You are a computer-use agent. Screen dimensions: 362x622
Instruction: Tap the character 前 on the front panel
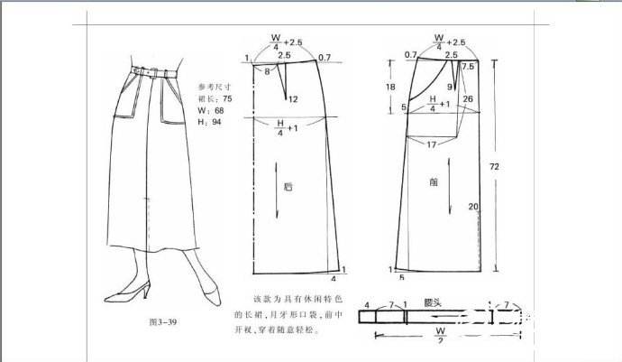[x=434, y=181]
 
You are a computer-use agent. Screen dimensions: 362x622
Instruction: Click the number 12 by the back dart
[x=293, y=98]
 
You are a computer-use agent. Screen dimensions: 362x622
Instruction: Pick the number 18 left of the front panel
[x=390, y=87]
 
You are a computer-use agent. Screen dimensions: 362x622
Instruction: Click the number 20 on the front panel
[x=472, y=208]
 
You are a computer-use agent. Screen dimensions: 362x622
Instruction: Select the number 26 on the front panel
[x=468, y=98]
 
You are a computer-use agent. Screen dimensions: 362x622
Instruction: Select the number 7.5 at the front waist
[x=468, y=67]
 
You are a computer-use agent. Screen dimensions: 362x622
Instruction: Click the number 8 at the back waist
[x=268, y=70]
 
